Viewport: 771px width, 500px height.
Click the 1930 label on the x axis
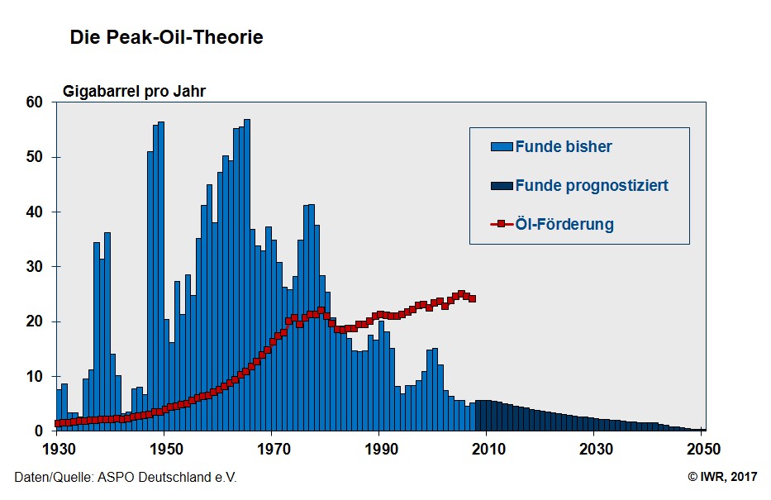(x=55, y=449)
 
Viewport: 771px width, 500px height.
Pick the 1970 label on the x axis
(x=272, y=449)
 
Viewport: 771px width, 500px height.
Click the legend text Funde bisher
(x=564, y=147)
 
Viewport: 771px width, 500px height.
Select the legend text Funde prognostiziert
(x=592, y=185)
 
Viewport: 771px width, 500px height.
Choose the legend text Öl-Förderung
(x=564, y=224)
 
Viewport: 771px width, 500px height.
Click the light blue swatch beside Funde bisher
(x=502, y=147)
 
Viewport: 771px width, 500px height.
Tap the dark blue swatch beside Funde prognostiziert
(x=502, y=185)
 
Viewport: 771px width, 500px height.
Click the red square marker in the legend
(x=502, y=224)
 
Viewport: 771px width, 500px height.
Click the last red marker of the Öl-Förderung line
(x=472, y=298)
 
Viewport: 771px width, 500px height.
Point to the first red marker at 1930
(x=57, y=423)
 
